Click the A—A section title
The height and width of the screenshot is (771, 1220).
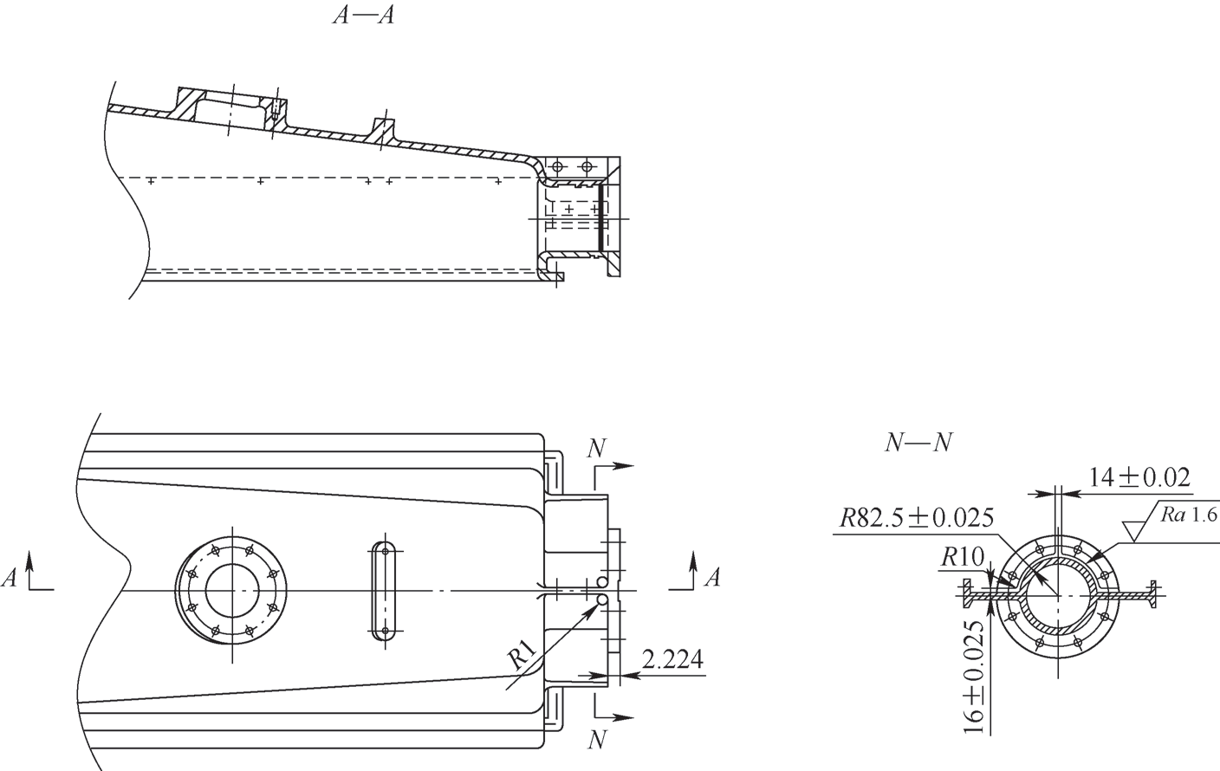(x=363, y=16)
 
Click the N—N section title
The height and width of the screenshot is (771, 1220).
(x=918, y=444)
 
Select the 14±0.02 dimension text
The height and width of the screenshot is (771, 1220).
(x=1139, y=477)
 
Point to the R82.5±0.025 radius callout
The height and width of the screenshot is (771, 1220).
(x=917, y=518)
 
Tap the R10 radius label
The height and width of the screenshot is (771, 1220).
(x=963, y=557)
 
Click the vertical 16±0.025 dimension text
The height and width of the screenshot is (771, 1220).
(x=975, y=677)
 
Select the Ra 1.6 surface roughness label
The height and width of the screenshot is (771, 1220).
(x=1188, y=515)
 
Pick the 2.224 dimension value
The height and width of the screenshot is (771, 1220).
(x=672, y=659)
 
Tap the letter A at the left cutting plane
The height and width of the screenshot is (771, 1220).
(x=9, y=578)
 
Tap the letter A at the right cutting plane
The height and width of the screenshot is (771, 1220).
(x=712, y=578)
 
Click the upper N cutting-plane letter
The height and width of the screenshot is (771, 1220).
(x=597, y=448)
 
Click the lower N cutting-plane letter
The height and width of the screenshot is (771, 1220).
(x=597, y=740)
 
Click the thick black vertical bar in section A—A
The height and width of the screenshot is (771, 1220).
(x=600, y=217)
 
